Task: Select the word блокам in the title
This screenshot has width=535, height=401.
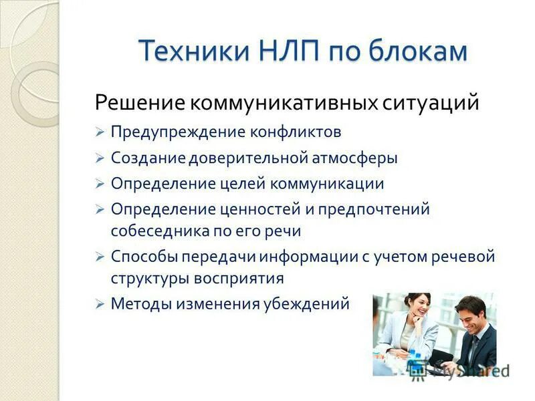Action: (x=415, y=51)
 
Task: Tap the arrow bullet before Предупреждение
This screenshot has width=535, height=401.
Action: (x=99, y=132)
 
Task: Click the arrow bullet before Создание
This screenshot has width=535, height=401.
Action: (x=99, y=159)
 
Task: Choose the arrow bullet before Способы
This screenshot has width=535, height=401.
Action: (x=99, y=257)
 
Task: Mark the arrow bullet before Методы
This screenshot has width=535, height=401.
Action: (x=99, y=304)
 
